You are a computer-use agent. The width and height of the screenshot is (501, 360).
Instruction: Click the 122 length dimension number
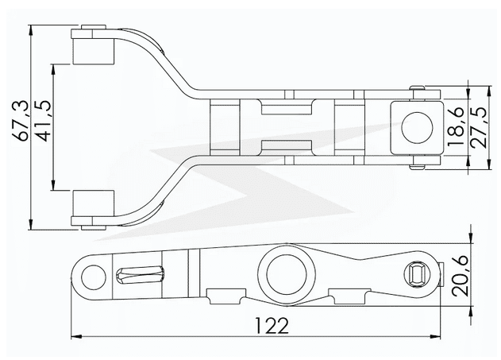point(272,326)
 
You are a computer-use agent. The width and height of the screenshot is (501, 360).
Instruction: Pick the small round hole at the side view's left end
point(94,275)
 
